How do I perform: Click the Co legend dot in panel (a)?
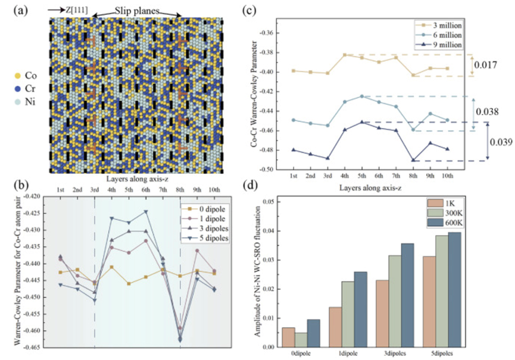(17, 76)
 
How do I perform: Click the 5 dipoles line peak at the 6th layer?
(146, 211)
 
